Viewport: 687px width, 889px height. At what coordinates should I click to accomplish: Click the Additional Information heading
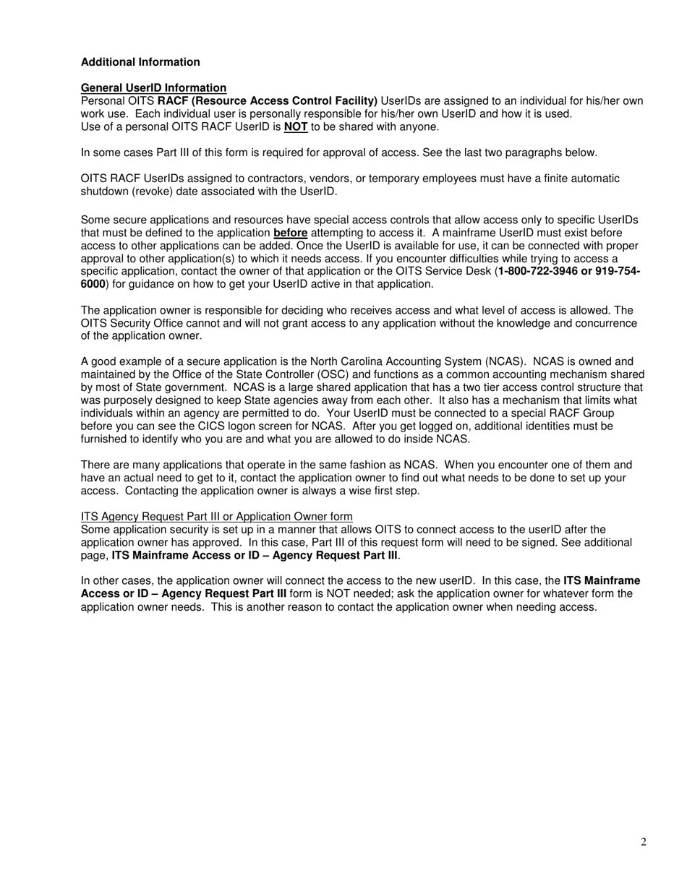140,62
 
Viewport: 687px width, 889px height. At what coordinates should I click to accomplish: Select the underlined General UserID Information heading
153,87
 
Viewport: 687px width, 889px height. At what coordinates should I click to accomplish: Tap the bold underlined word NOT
296,127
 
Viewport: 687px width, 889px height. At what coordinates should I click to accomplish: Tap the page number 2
643,841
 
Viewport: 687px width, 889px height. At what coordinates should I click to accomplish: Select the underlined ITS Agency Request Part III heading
216,516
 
